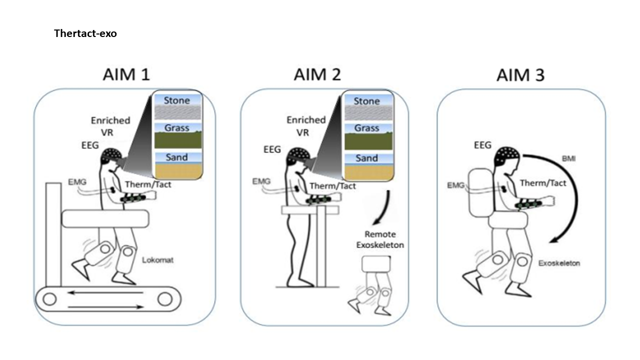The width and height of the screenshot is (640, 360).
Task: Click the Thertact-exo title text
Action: tap(85, 34)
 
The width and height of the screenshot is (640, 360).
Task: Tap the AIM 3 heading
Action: tap(520, 75)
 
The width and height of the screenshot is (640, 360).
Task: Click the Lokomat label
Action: tap(155, 260)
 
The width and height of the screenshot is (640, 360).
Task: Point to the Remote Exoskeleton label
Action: tap(380, 239)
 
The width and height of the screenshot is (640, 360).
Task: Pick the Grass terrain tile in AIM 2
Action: tap(367, 133)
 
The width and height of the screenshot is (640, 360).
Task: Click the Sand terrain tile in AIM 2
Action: tap(367, 164)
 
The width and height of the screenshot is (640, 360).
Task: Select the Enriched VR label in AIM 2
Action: tap(306, 126)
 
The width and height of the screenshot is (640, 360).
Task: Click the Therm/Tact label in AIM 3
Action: tap(543, 183)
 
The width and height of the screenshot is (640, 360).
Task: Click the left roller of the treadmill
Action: tap(49, 299)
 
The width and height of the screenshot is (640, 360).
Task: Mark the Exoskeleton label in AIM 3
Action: tap(559, 263)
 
